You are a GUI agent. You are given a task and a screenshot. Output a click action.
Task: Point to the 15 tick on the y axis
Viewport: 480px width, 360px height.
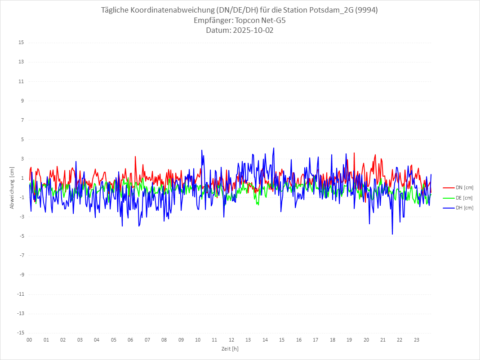point(21,43)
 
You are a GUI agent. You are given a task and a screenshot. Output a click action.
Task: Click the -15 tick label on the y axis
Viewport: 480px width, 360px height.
point(20,333)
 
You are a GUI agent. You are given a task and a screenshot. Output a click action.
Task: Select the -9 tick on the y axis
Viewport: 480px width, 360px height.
point(21,275)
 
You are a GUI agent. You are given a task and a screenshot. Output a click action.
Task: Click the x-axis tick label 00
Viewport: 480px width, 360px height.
point(29,340)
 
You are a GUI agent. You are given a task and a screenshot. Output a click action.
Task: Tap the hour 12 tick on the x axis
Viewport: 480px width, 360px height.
point(231,340)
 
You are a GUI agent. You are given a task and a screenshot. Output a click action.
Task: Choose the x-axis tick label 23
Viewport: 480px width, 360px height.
point(417,340)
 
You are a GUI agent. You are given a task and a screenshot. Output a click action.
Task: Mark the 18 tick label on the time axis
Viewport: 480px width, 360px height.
point(333,340)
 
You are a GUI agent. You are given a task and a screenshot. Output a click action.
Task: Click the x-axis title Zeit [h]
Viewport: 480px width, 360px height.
point(230,348)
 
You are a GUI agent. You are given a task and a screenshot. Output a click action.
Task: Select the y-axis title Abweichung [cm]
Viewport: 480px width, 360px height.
point(12,187)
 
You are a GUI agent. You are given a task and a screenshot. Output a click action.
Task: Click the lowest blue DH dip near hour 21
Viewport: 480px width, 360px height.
point(392,234)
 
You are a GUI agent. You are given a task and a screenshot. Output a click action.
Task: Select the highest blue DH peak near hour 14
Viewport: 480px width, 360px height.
point(274,148)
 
